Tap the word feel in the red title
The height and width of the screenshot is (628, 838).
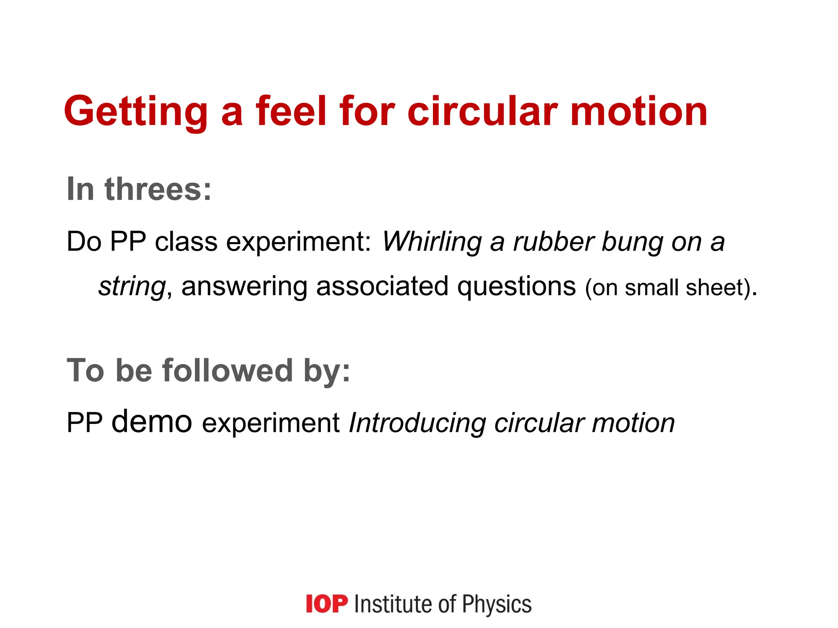click(x=291, y=111)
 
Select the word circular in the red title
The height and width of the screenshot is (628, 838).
click(x=482, y=111)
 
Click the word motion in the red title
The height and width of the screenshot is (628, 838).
click(x=639, y=111)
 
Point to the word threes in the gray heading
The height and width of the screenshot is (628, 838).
click(x=158, y=189)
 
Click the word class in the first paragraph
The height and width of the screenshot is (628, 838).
click(x=186, y=242)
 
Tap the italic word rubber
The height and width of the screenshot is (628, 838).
click(x=552, y=242)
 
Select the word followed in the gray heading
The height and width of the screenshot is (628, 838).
click(x=228, y=370)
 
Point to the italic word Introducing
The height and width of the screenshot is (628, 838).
click(x=417, y=424)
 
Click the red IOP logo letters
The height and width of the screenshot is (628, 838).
click(x=327, y=604)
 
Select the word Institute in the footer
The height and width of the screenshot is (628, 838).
click(x=392, y=604)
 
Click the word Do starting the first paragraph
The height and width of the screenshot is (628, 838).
click(x=84, y=242)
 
